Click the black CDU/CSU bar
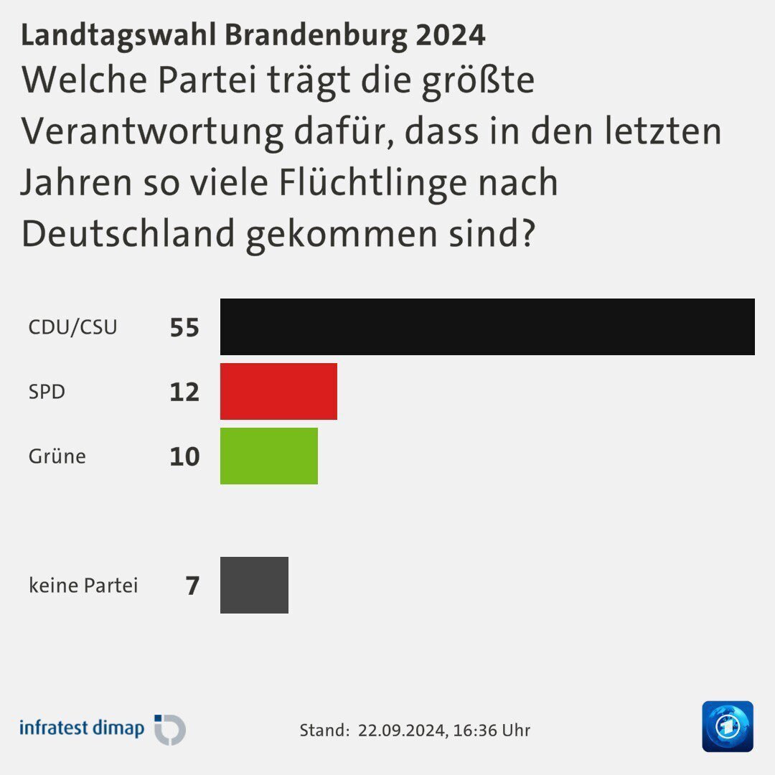pos(487,327)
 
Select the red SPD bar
pos(278,391)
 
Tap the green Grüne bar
pos(269,456)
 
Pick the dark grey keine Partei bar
pos(254,585)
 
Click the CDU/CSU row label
pos(72,327)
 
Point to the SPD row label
pos(47,392)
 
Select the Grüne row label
pos(57,456)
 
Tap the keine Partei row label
pos(83,586)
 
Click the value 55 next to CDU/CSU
pos(184,328)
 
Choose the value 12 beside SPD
pos(184,392)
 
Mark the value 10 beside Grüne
pos(184,456)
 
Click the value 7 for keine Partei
pos(192,586)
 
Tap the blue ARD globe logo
pos(728,726)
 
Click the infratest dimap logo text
pos(82,728)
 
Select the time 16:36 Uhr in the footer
pos(492,731)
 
